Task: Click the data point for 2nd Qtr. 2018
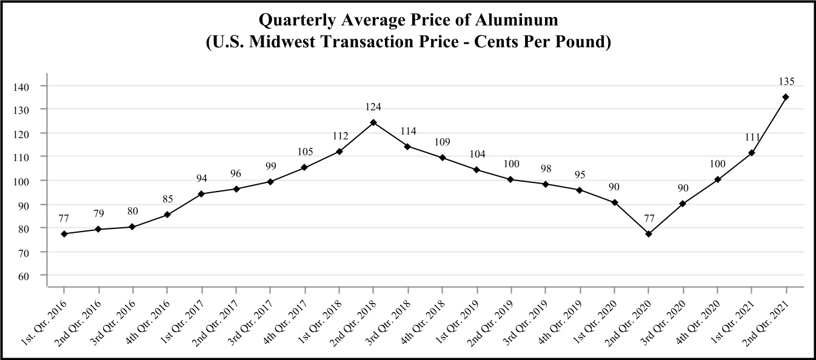click(373, 122)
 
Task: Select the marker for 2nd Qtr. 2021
click(786, 97)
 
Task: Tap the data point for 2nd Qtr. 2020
click(648, 233)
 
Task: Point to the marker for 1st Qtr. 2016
click(64, 233)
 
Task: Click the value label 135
click(786, 81)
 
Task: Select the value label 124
click(373, 107)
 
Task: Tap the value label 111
click(751, 138)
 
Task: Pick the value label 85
click(167, 199)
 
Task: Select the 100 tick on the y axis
click(21, 181)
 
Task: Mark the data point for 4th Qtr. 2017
click(304, 167)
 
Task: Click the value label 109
click(442, 142)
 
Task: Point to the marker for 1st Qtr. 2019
click(477, 170)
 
